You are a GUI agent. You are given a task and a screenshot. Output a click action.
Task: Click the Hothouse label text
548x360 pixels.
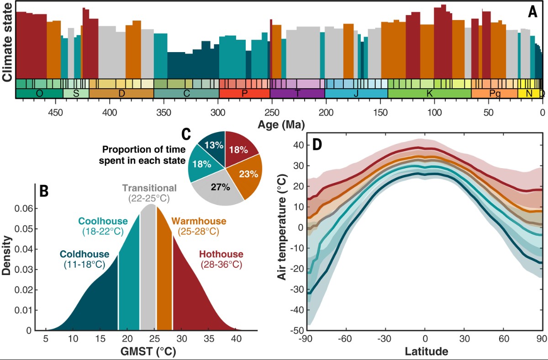coord(221,254)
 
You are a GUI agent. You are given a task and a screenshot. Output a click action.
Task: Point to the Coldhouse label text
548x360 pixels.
coord(84,254)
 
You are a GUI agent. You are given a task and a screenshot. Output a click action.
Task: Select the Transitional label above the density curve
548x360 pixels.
coord(149,188)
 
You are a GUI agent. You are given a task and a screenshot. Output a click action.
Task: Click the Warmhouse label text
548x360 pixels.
coord(199,221)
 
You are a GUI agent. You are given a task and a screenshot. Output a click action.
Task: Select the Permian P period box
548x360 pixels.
coord(244,93)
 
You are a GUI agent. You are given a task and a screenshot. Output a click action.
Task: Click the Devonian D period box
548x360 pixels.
coord(121,93)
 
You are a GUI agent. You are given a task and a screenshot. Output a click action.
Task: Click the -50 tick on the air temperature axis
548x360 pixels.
coord(297,330)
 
